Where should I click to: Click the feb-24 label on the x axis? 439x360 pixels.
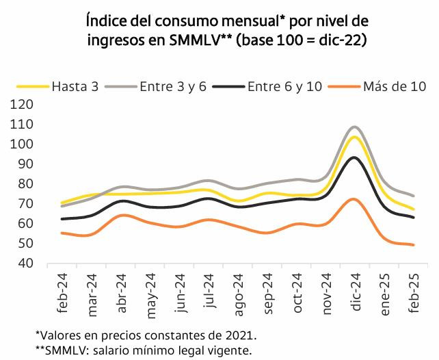tap(64, 292)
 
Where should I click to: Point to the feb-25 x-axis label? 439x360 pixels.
tap(414, 292)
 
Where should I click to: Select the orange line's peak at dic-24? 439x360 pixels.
tap(354, 199)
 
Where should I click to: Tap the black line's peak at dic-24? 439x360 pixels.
tap(354, 157)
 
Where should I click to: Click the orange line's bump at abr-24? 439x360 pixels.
tap(121, 215)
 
